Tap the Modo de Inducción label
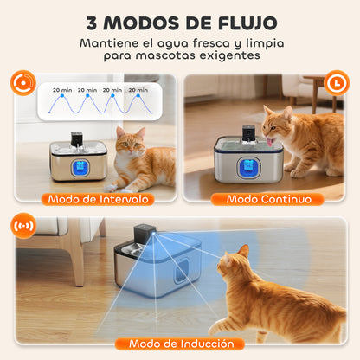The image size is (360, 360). pos(180,344)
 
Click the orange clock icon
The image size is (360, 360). pos(338,83)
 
